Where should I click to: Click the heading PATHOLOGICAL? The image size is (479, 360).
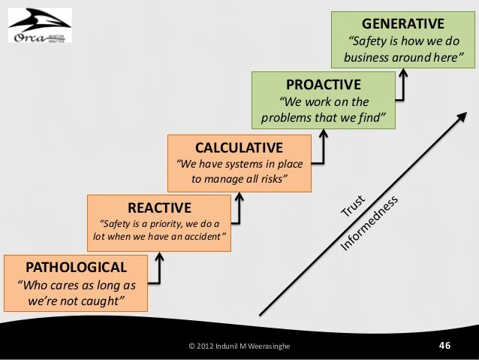point(77,267)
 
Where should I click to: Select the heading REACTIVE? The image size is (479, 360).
point(160,207)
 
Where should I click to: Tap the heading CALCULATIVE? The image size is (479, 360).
point(239,146)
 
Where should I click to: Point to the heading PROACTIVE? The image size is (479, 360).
point(323,83)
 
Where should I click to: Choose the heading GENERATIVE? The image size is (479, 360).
point(403,23)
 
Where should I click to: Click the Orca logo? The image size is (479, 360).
point(39,26)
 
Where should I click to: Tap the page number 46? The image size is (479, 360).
point(444,345)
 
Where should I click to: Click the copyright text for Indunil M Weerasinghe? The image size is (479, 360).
point(241,346)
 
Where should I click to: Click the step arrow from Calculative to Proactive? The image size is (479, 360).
point(321,146)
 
